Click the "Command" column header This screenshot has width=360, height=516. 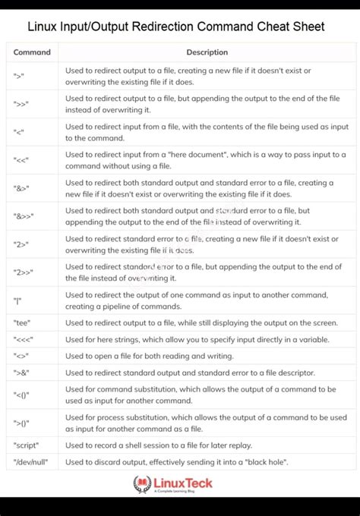pos(32,52)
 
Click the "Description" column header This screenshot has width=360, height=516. pos(207,52)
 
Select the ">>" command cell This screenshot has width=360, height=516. pos(21,104)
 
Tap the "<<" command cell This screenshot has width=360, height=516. pos(21,160)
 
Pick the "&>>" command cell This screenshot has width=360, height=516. pos(24,216)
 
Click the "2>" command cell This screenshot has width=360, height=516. pos(21,244)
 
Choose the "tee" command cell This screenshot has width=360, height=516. pos(21,322)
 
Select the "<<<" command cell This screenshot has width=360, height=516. pos(23,339)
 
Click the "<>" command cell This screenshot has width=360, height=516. pos(21,356)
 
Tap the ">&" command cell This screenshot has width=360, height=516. pos(21,373)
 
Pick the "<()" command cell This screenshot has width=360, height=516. pos(21,395)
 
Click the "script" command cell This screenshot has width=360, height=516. pos(26,445)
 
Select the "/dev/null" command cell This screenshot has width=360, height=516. pos(30,462)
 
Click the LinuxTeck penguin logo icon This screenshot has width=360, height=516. pos(143,484)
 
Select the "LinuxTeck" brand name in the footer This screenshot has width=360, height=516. pos(183,483)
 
